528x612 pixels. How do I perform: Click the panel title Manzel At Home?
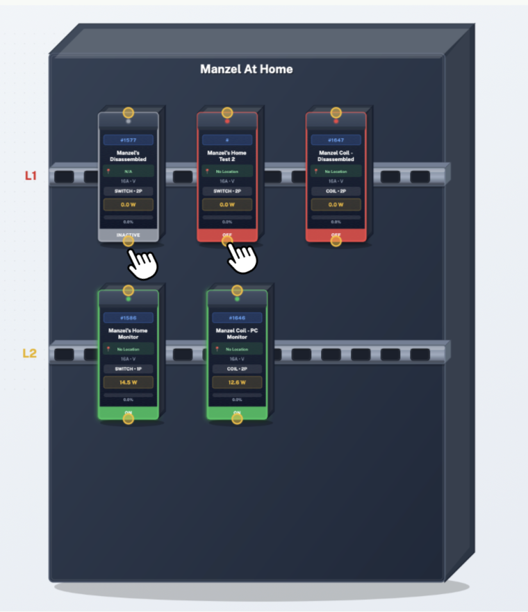click(x=246, y=69)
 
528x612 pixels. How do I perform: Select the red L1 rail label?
click(x=31, y=176)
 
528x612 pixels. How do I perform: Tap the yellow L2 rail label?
click(x=29, y=353)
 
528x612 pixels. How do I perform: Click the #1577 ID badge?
click(x=128, y=140)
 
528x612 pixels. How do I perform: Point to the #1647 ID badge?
click(x=336, y=140)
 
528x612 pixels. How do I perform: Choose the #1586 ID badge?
click(x=128, y=318)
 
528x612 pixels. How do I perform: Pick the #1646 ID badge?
click(x=237, y=318)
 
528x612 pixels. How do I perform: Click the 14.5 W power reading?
click(x=128, y=382)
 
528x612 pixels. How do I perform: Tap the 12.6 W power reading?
click(x=237, y=382)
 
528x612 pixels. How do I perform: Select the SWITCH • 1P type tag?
click(x=128, y=368)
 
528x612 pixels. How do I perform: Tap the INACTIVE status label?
click(x=128, y=235)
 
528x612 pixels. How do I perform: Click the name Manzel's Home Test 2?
click(x=227, y=155)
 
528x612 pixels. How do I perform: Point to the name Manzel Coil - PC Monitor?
click(x=237, y=334)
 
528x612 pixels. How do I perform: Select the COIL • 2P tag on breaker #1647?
click(x=336, y=191)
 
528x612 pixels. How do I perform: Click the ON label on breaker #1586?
click(x=128, y=413)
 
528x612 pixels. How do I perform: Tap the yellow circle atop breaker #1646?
click(x=237, y=290)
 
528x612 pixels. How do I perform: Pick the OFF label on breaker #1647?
click(x=336, y=235)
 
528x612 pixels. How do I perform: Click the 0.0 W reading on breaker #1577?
click(x=128, y=205)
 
